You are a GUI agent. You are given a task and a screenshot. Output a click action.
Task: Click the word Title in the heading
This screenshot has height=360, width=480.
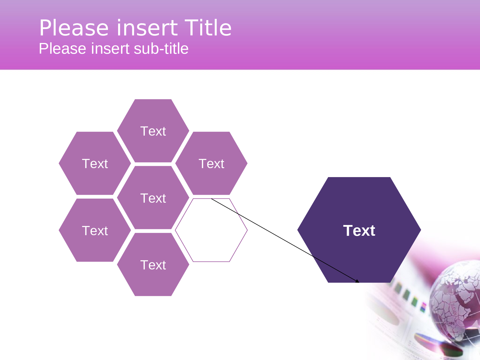coord(208,28)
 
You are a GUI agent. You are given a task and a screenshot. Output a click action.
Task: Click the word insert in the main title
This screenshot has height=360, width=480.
coord(147,28)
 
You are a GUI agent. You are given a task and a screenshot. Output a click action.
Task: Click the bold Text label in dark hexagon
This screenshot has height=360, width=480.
coord(359,231)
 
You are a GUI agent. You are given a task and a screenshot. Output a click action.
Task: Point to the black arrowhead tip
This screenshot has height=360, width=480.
coord(359,282)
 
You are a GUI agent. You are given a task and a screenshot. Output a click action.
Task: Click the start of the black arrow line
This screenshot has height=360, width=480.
coord(212,199)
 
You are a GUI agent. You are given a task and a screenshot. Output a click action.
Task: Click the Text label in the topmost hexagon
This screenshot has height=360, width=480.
coord(153,131)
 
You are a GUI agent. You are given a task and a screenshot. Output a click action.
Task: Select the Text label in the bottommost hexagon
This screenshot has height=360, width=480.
coord(153,265)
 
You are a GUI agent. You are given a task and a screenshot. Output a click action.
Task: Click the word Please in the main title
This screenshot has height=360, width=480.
coord(74,28)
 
